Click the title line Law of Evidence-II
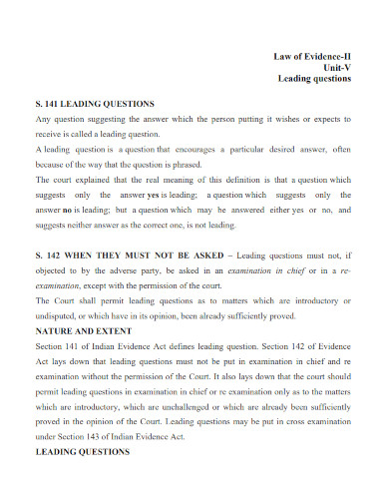coord(312,56)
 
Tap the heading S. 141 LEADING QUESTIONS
coord(95,103)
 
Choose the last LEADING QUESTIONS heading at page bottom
coord(83,451)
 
